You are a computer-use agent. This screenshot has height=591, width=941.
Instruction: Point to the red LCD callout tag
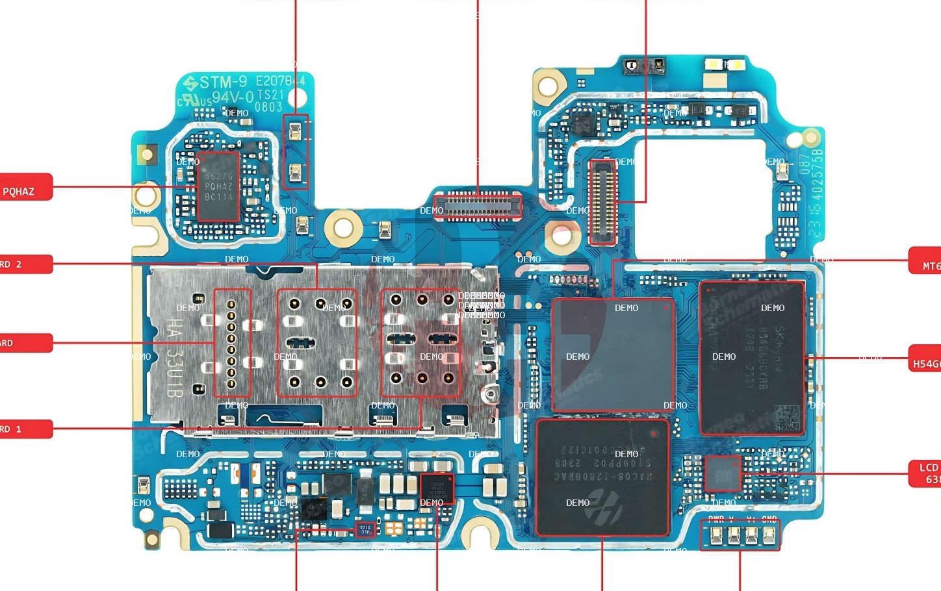pyautogui.click(x=925, y=473)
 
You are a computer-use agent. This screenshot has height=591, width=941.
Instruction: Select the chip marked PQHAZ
pyautogui.click(x=218, y=186)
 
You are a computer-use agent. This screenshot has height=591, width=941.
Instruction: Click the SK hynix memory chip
pyautogui.click(x=752, y=357)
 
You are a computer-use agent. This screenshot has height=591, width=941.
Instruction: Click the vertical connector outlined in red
pyautogui.click(x=602, y=202)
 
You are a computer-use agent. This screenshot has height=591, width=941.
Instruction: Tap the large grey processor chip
pyautogui.click(x=612, y=355)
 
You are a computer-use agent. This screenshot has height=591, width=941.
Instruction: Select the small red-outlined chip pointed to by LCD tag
pyautogui.click(x=723, y=473)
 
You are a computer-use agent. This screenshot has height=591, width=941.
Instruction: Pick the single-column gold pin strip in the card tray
pyautogui.click(x=231, y=343)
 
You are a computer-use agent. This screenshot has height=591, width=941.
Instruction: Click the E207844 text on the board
pyautogui.click(x=280, y=81)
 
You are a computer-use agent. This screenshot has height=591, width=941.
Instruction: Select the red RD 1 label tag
pyautogui.click(x=25, y=429)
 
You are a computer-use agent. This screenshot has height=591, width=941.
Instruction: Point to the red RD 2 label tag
pyautogui.click(x=25, y=264)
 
